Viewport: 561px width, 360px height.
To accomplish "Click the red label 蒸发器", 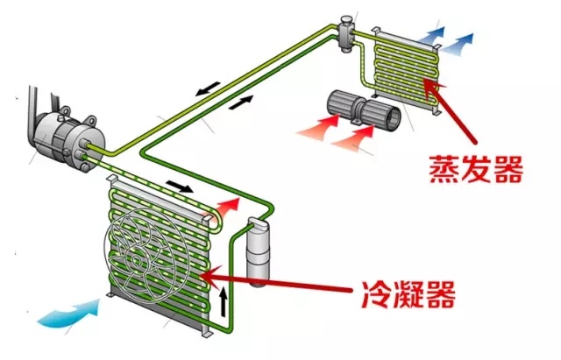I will pyautogui.click(x=476, y=166).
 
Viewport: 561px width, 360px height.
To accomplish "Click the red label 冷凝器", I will pyautogui.click(x=411, y=295).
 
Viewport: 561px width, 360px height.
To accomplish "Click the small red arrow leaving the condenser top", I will pyautogui.click(x=226, y=205).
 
